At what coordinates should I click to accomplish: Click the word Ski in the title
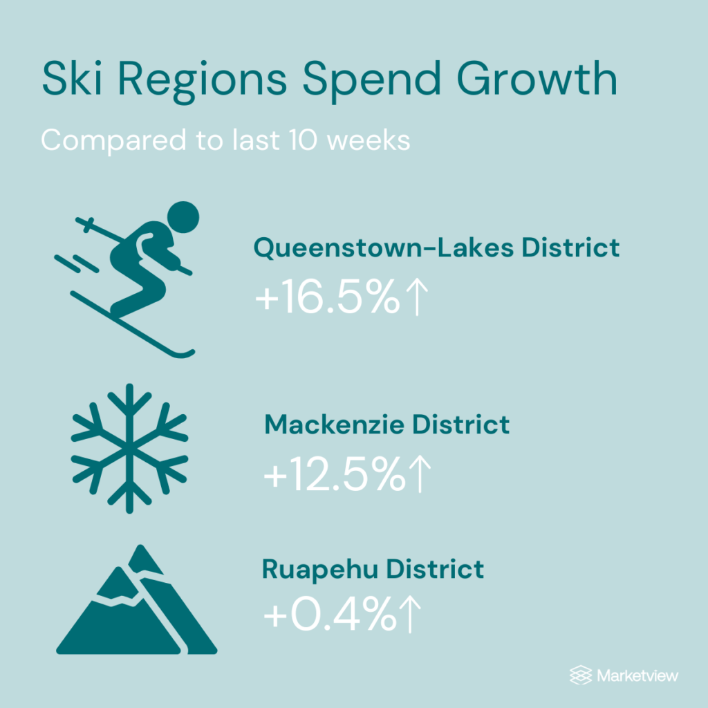pos(72,78)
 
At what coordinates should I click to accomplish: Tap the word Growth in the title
pos(537,78)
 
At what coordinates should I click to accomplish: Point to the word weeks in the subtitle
pos(368,140)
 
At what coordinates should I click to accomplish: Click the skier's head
pos(183,217)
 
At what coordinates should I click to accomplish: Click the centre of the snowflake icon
pos(129,449)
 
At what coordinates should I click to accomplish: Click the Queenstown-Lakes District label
pos(437,248)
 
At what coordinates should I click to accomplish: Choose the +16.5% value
pos(327,296)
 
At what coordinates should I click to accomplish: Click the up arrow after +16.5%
pos(417,297)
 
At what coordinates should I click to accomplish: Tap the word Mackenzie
pos(334,425)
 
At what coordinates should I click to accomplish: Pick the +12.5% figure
pos(335,473)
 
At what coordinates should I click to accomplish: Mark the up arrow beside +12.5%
pos(420,474)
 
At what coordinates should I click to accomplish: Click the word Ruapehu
pos(319,570)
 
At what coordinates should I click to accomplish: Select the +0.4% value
pos(330,614)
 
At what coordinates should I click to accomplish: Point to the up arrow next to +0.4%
pos(411,614)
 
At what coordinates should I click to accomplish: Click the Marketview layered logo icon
pos(581,675)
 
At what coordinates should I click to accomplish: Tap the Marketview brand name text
pos(637,676)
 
